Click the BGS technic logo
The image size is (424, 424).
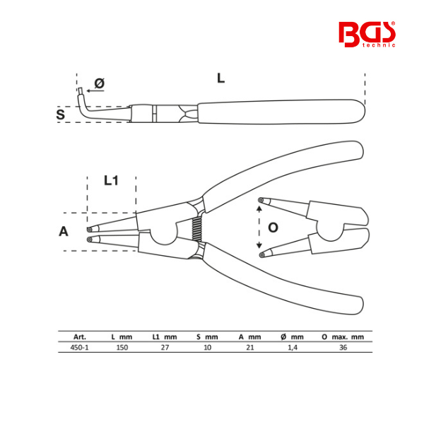[367, 35]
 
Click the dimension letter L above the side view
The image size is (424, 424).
[221, 78]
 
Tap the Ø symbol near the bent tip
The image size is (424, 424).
[100, 83]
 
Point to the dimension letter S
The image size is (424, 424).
[61, 114]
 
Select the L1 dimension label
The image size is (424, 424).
[111, 180]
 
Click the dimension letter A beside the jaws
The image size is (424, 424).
[64, 232]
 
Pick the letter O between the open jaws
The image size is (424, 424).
[273, 228]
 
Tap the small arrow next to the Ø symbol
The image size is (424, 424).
[95, 90]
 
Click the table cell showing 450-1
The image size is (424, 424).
[79, 347]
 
